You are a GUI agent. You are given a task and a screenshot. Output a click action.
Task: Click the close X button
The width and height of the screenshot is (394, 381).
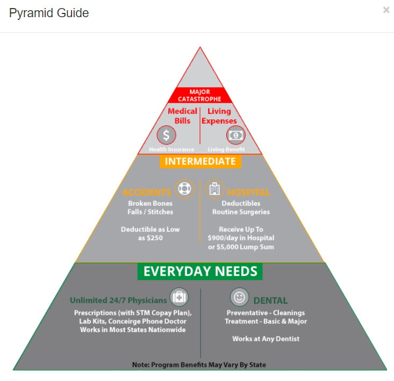pos(386,10)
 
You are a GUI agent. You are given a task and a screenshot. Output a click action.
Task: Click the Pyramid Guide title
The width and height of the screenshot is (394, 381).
pos(49,13)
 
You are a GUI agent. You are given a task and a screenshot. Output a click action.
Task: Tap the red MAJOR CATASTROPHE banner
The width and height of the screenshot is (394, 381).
pos(200,95)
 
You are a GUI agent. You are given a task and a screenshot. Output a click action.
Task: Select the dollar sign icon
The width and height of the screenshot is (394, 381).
pos(167,135)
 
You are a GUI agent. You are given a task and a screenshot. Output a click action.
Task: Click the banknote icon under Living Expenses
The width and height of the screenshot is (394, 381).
pos(235,135)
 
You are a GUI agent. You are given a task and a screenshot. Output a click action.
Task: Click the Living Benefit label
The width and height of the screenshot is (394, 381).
pos(226,149)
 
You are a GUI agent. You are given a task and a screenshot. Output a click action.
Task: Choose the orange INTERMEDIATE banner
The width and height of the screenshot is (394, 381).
pos(200,161)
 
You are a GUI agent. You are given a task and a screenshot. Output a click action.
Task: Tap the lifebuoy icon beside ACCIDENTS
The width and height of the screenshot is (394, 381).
pos(184,189)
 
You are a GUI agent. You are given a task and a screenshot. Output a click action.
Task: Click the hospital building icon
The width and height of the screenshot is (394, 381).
pos(214,189)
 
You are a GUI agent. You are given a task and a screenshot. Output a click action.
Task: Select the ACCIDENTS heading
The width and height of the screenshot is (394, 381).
pos(147,192)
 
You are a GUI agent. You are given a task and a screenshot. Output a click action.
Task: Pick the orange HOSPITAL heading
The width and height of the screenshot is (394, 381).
pos(249,192)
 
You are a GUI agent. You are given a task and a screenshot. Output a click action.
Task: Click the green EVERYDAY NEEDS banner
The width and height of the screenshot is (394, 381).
pos(200,271)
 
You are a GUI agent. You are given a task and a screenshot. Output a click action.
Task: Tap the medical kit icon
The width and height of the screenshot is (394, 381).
pos(179,297)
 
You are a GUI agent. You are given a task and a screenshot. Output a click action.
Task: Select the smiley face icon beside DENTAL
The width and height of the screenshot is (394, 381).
pos(239,297)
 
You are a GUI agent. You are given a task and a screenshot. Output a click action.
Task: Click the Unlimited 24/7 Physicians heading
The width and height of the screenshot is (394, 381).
pos(118,300)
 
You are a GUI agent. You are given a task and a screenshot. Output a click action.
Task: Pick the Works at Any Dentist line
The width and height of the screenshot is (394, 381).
pos(266,339)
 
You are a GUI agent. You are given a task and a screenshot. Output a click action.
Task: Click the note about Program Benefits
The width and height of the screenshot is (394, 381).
pos(199,365)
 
